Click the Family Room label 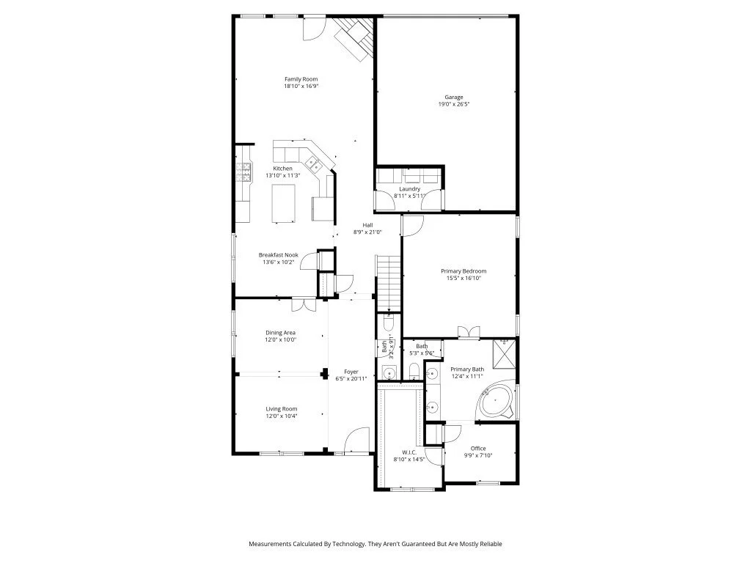click(301, 79)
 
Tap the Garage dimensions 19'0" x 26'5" click(453, 104)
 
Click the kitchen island click(283, 202)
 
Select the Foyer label click(351, 372)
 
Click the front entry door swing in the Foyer click(358, 440)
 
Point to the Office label click(478, 449)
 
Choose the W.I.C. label click(409, 452)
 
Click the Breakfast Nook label click(278, 255)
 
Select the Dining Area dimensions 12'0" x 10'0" click(281, 339)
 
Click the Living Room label click(281, 408)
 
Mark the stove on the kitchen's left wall click(242, 174)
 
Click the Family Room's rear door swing click(314, 27)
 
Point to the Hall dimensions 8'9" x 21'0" click(368, 232)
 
